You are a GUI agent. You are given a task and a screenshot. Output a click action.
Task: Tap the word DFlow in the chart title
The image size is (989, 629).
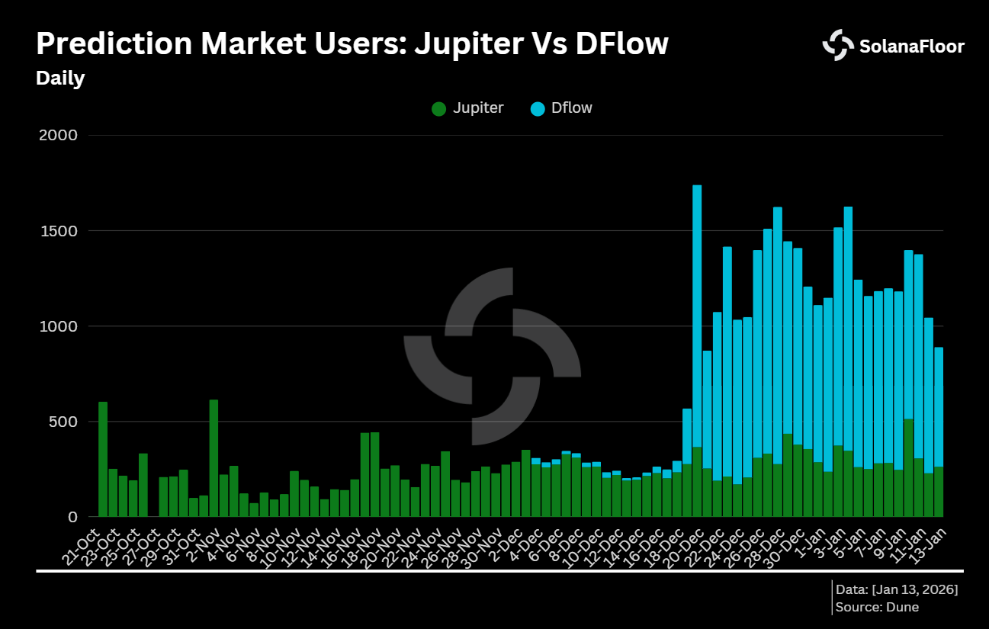click(x=621, y=44)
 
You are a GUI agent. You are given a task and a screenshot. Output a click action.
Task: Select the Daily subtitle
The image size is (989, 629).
click(x=60, y=79)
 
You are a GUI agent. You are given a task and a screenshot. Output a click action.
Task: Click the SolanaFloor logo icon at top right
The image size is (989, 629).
click(x=838, y=46)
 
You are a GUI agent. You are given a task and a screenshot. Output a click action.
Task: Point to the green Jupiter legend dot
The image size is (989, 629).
click(x=438, y=108)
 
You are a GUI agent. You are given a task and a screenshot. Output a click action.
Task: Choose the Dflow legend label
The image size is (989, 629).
click(x=571, y=108)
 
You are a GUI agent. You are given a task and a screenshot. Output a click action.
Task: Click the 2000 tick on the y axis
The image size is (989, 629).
click(x=58, y=136)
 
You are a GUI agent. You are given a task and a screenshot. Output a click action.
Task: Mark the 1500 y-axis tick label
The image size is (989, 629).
click(x=58, y=231)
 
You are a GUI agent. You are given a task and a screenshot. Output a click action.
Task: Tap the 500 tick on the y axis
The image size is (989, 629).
click(x=63, y=422)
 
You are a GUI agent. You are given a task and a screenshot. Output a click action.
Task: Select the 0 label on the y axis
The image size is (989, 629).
click(x=72, y=517)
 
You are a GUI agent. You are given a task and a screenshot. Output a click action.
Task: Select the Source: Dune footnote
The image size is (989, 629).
click(x=877, y=607)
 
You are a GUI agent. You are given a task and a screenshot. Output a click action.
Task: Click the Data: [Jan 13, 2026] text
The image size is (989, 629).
click(x=897, y=590)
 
